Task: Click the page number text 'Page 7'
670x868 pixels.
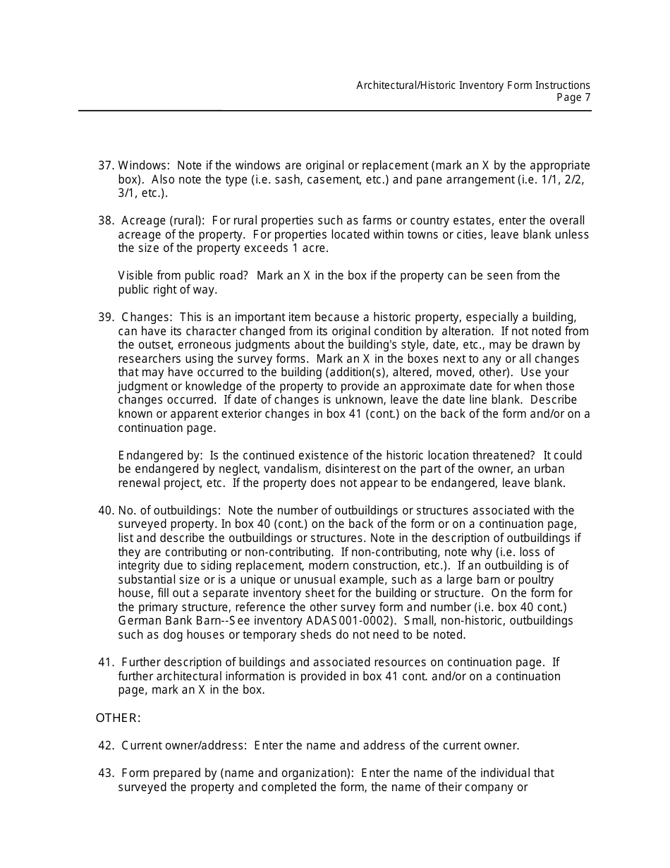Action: (x=573, y=98)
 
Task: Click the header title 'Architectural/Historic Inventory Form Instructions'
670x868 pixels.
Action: (x=473, y=85)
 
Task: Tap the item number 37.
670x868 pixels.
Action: (x=105, y=166)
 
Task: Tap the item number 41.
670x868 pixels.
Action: (x=105, y=663)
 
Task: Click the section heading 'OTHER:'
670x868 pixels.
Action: (x=118, y=718)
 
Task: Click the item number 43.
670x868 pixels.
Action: (x=105, y=773)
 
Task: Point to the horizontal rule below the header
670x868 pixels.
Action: (x=334, y=111)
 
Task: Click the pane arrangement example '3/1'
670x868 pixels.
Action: (x=128, y=193)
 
